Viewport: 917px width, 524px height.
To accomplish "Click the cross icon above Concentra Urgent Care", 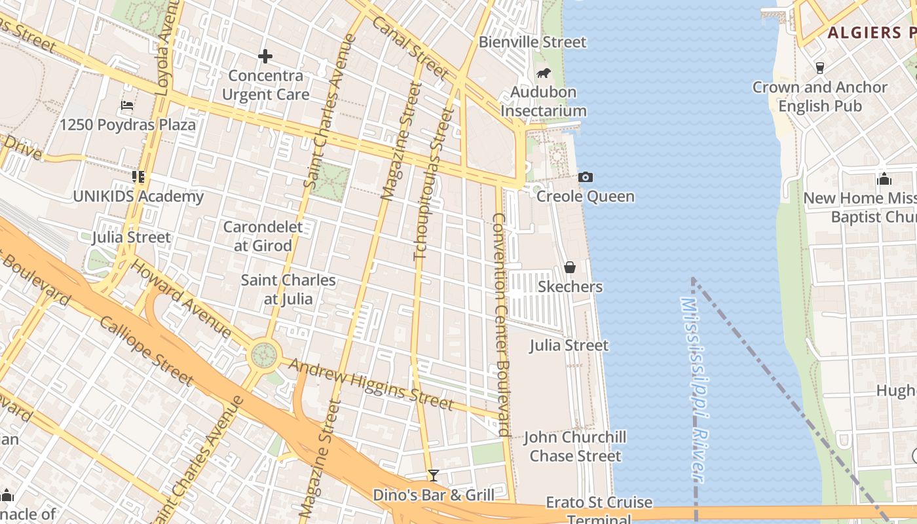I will (x=265, y=56).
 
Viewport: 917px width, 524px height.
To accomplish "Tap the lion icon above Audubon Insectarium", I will (x=543, y=73).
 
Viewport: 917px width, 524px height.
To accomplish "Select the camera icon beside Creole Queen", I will (x=586, y=177).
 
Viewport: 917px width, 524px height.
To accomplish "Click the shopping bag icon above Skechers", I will (x=570, y=267).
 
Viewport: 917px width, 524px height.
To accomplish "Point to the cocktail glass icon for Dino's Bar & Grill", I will (x=433, y=476).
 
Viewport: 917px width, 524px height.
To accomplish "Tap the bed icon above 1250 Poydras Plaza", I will (x=127, y=105).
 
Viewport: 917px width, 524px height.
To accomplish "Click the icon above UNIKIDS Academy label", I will (x=138, y=176).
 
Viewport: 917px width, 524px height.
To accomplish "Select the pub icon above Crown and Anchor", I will (x=819, y=67).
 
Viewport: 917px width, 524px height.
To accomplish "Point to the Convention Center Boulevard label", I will (x=501, y=324).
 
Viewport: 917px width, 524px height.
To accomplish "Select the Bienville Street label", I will (x=533, y=42).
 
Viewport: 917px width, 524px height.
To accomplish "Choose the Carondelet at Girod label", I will (x=263, y=236).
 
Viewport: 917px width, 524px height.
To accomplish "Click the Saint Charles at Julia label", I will (x=288, y=290).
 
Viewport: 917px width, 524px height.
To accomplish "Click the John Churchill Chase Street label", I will (x=575, y=446).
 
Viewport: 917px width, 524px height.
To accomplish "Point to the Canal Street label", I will (x=409, y=48).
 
